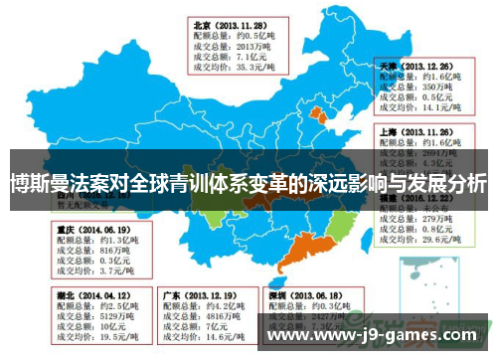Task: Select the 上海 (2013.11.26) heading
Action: tap(418, 129)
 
